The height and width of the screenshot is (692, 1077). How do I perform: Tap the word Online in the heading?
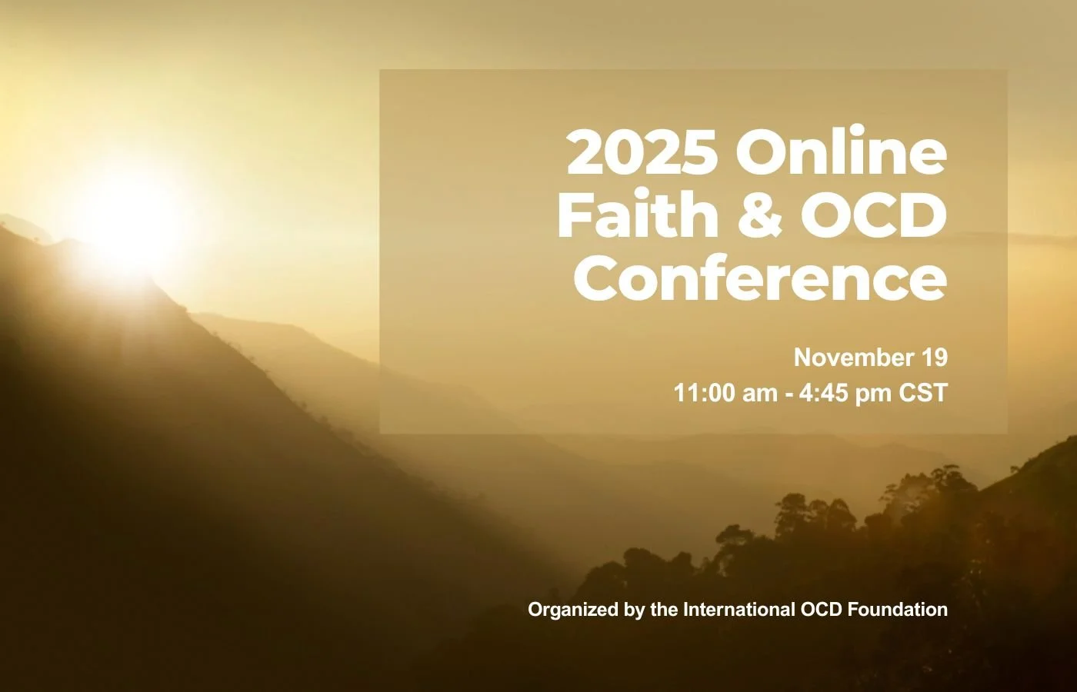pos(841,152)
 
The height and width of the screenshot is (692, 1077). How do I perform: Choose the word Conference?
pos(760,280)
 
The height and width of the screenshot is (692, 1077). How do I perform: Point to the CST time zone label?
pos(922,393)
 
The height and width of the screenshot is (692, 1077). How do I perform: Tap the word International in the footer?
pos(739,610)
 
